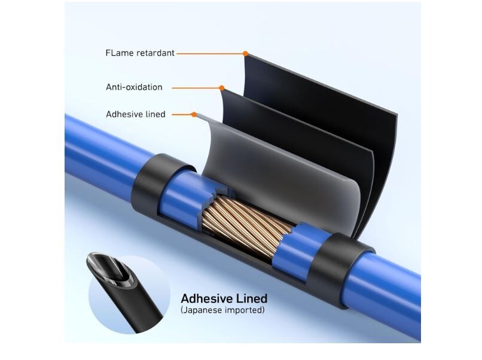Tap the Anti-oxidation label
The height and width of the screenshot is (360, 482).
coord(134,87)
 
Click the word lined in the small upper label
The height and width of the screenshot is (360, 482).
coord(155,114)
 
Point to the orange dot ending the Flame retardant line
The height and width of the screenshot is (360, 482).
coord(245,54)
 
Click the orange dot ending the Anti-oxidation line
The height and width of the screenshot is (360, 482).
coord(221,88)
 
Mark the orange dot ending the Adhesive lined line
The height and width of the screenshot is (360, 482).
coord(194,114)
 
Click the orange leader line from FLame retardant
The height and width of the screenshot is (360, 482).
coord(209,54)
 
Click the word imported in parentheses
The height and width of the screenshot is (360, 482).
coord(242,310)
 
